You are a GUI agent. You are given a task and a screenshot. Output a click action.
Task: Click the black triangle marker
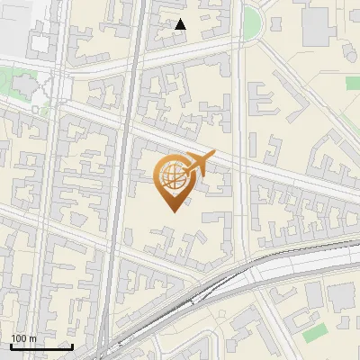click(181, 24)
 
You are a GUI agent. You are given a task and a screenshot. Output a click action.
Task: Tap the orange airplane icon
click(200, 164)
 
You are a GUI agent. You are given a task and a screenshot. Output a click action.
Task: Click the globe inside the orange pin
click(170, 175)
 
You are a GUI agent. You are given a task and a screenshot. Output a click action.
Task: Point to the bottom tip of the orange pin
click(170, 211)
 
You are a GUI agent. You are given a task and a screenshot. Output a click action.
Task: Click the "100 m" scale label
click(23, 338)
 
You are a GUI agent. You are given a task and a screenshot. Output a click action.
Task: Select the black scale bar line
click(41, 346)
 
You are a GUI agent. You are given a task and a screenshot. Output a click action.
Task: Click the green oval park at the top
click(252, 22)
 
